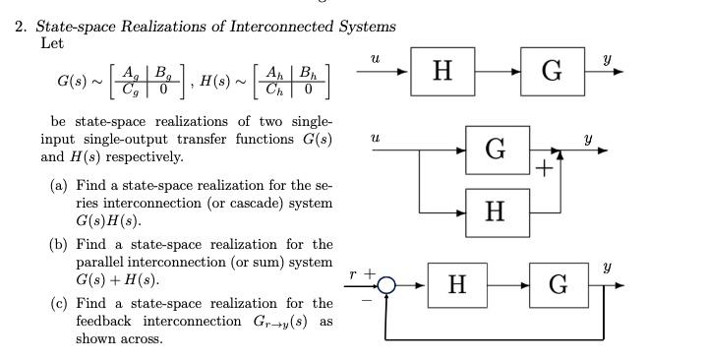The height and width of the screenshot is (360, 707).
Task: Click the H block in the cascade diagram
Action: click(x=442, y=71)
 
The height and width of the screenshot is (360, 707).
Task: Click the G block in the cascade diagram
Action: click(x=552, y=71)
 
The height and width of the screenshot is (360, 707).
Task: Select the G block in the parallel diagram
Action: click(x=496, y=150)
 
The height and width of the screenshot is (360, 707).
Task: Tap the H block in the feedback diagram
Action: click(x=456, y=285)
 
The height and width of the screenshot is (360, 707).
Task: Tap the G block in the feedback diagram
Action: click(x=558, y=285)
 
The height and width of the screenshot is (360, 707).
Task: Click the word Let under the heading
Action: click(x=52, y=42)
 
